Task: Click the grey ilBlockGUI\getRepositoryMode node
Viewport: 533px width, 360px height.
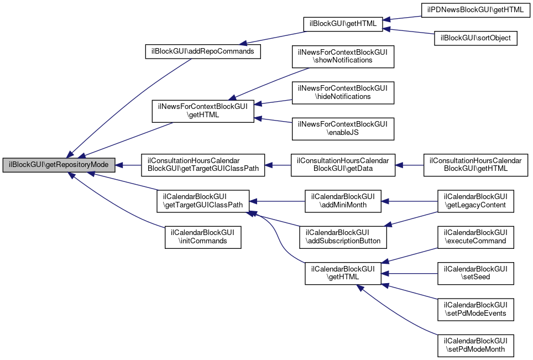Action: click(59, 165)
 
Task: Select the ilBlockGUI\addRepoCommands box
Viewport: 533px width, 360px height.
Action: click(202, 51)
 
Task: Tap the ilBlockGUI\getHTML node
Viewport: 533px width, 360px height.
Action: click(343, 24)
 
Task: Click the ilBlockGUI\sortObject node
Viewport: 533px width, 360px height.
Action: click(476, 39)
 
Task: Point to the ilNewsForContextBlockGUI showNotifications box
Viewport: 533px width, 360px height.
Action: click(343, 56)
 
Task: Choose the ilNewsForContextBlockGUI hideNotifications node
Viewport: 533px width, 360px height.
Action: click(343, 92)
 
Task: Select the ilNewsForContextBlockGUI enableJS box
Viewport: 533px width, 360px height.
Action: click(343, 128)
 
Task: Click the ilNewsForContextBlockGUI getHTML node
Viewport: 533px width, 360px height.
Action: click(202, 111)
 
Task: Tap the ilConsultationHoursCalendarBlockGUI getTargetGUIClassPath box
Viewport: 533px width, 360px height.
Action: click(202, 165)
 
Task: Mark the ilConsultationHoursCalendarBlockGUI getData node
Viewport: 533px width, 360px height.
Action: click(343, 165)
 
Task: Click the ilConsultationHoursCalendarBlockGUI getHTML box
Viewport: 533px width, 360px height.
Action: click(476, 165)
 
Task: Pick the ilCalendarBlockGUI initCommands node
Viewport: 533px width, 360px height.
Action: click(202, 237)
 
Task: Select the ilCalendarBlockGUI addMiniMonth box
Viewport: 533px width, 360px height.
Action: click(343, 201)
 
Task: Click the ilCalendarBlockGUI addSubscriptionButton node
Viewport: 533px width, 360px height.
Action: click(343, 237)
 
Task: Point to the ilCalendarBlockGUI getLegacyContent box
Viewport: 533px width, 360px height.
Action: click(476, 201)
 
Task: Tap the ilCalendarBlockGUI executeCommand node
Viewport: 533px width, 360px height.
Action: click(476, 237)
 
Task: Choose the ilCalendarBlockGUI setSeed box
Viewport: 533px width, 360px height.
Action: click(476, 273)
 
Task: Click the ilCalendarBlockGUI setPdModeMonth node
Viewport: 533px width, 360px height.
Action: click(476, 346)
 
